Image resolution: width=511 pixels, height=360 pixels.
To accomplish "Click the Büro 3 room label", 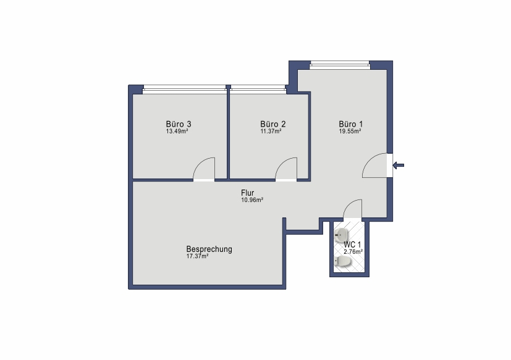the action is (x=179, y=124).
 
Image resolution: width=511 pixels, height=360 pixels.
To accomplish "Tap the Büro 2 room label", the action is (x=273, y=124).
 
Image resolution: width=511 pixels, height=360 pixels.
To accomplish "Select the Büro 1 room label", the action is (x=351, y=124).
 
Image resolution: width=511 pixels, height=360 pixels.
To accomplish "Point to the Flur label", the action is (x=247, y=193).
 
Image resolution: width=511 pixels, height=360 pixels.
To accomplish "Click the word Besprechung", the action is (x=209, y=249).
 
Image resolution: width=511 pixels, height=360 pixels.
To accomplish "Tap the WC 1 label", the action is (x=352, y=245).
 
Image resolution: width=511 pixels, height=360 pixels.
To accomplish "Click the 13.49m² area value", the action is (x=177, y=132).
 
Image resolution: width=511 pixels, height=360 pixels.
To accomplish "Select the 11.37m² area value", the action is (x=271, y=132).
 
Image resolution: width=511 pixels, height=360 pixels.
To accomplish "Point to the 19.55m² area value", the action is (x=350, y=132).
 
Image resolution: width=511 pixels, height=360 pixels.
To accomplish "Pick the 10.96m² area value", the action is (x=252, y=200).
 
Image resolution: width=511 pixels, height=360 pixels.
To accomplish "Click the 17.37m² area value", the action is (x=198, y=256).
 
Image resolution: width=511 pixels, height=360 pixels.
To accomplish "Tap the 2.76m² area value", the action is (x=353, y=252).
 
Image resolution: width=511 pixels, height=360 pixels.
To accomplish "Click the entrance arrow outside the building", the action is (x=399, y=165).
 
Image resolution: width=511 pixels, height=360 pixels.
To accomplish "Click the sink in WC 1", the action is (x=341, y=235).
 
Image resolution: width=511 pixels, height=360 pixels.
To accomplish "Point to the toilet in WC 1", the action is (x=342, y=261).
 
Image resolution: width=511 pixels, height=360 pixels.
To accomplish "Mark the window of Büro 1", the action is (x=340, y=64).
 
